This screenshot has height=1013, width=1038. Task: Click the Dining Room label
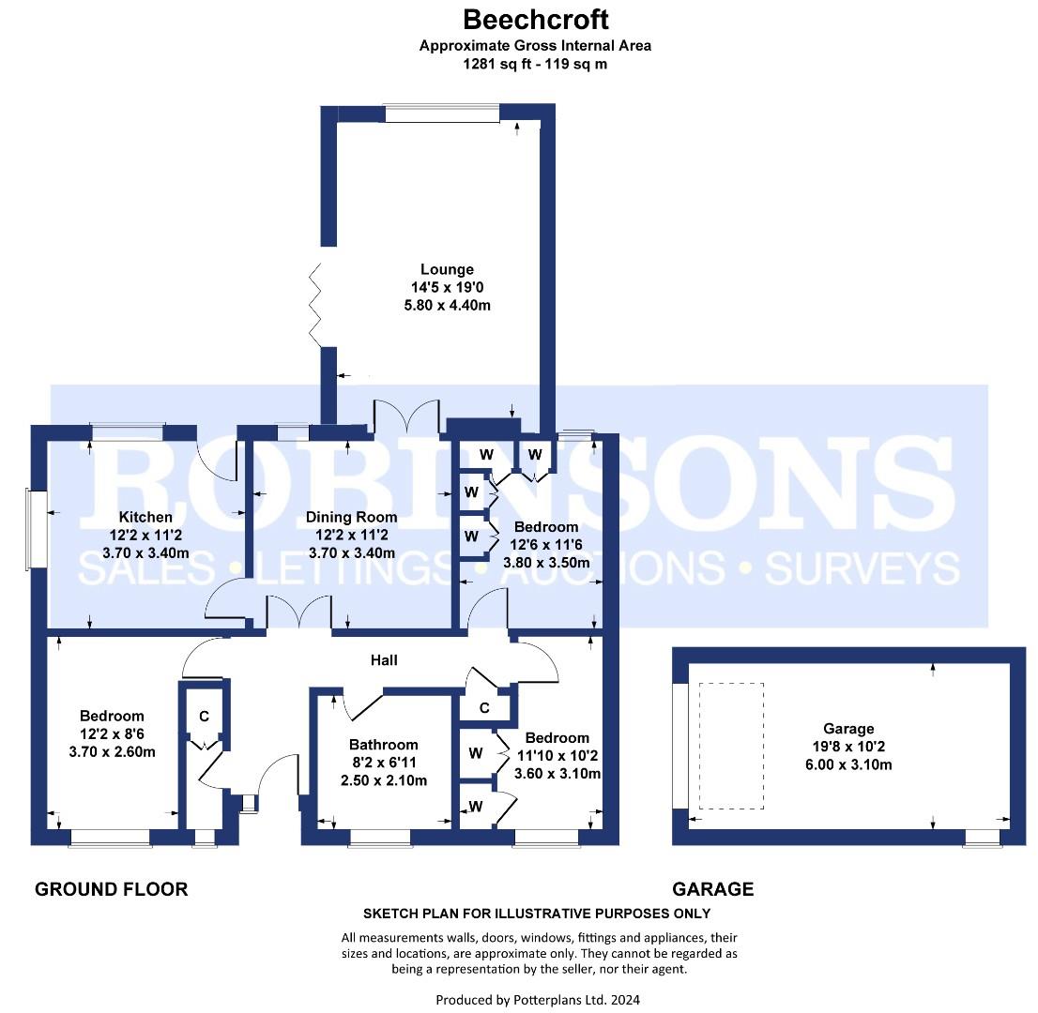pyautogui.click(x=352, y=517)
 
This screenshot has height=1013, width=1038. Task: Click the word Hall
pyautogui.click(x=383, y=660)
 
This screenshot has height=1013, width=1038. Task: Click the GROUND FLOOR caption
pyautogui.click(x=111, y=889)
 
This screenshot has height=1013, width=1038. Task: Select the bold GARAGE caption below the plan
pyautogui.click(x=712, y=889)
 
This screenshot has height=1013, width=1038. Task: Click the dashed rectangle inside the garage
pyautogui.click(x=731, y=746)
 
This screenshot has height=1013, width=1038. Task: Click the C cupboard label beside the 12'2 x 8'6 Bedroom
pyautogui.click(x=204, y=717)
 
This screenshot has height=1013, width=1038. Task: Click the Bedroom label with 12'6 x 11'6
pyautogui.click(x=546, y=527)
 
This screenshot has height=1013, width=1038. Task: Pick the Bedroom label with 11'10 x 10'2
pyautogui.click(x=557, y=738)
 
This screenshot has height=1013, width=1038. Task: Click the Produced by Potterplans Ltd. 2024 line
pyautogui.click(x=538, y=1000)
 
